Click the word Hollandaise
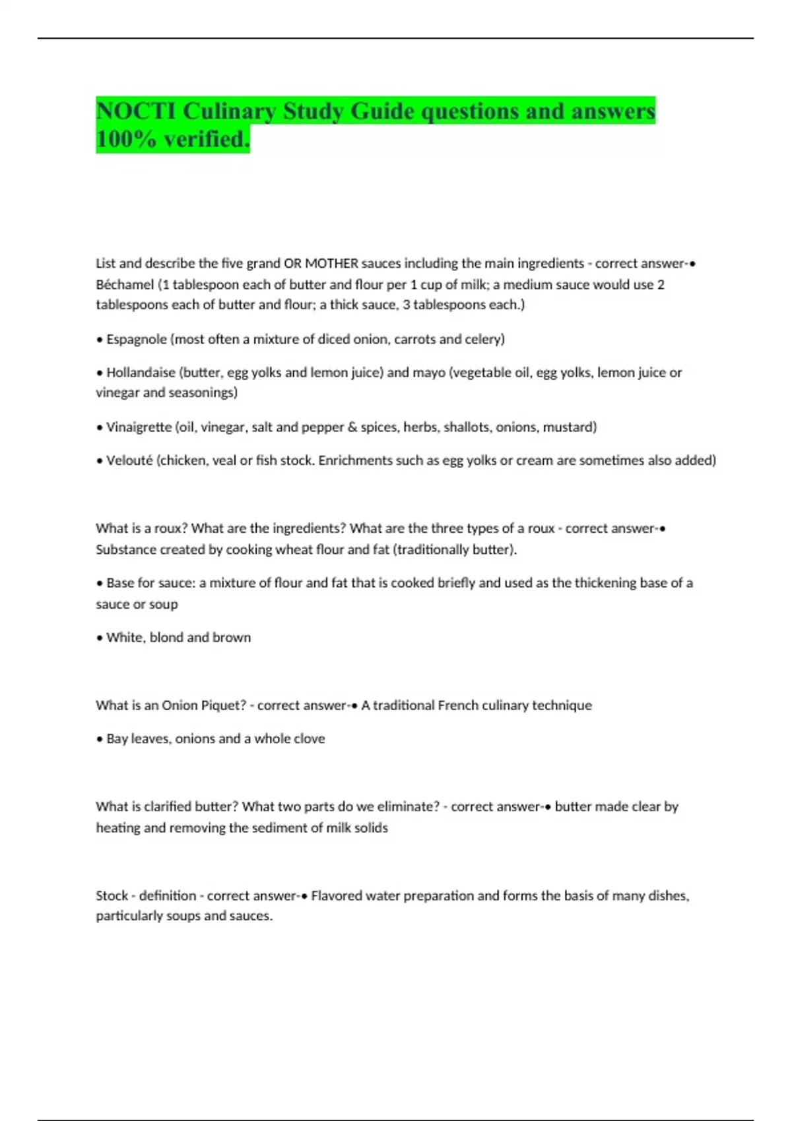coord(141,373)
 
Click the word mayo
coord(428,373)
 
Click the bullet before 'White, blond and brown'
coord(100,638)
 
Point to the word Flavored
coord(336,895)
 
